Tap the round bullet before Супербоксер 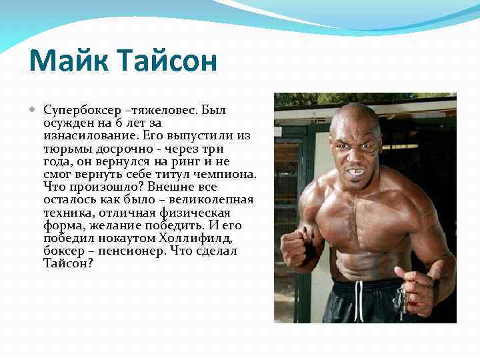tap(34, 109)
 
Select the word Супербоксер tap(83, 110)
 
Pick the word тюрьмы tap(65, 149)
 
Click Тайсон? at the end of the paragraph tap(68, 264)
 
